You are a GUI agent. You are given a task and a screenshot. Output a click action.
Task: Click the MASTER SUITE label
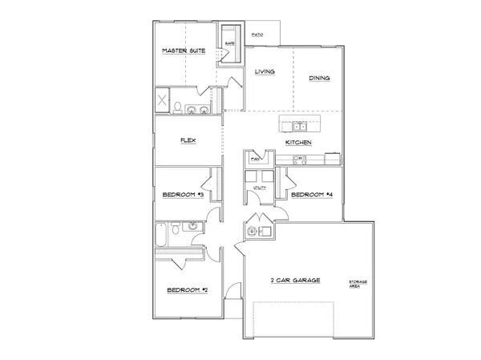(x=184, y=51)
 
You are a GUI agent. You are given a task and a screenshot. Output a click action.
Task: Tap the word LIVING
(x=265, y=72)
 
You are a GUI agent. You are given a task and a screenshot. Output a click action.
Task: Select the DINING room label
(x=320, y=78)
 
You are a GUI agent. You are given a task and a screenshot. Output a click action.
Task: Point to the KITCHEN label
(x=298, y=143)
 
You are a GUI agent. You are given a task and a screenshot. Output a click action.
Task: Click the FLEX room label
(x=188, y=140)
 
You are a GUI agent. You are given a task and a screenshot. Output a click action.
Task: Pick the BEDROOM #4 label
(x=312, y=195)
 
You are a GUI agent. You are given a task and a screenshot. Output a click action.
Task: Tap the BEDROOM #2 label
(x=187, y=289)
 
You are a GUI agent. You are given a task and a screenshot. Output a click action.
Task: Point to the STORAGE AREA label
(x=357, y=285)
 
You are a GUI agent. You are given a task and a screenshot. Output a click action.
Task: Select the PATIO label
(x=258, y=35)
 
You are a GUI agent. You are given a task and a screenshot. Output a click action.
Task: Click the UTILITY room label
(x=259, y=188)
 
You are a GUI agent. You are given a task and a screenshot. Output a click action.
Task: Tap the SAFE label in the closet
(x=229, y=43)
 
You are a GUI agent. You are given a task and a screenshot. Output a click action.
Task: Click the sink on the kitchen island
(x=300, y=126)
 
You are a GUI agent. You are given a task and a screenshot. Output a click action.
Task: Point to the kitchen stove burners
(x=300, y=159)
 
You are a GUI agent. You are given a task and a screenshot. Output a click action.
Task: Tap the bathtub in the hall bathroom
(x=163, y=236)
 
